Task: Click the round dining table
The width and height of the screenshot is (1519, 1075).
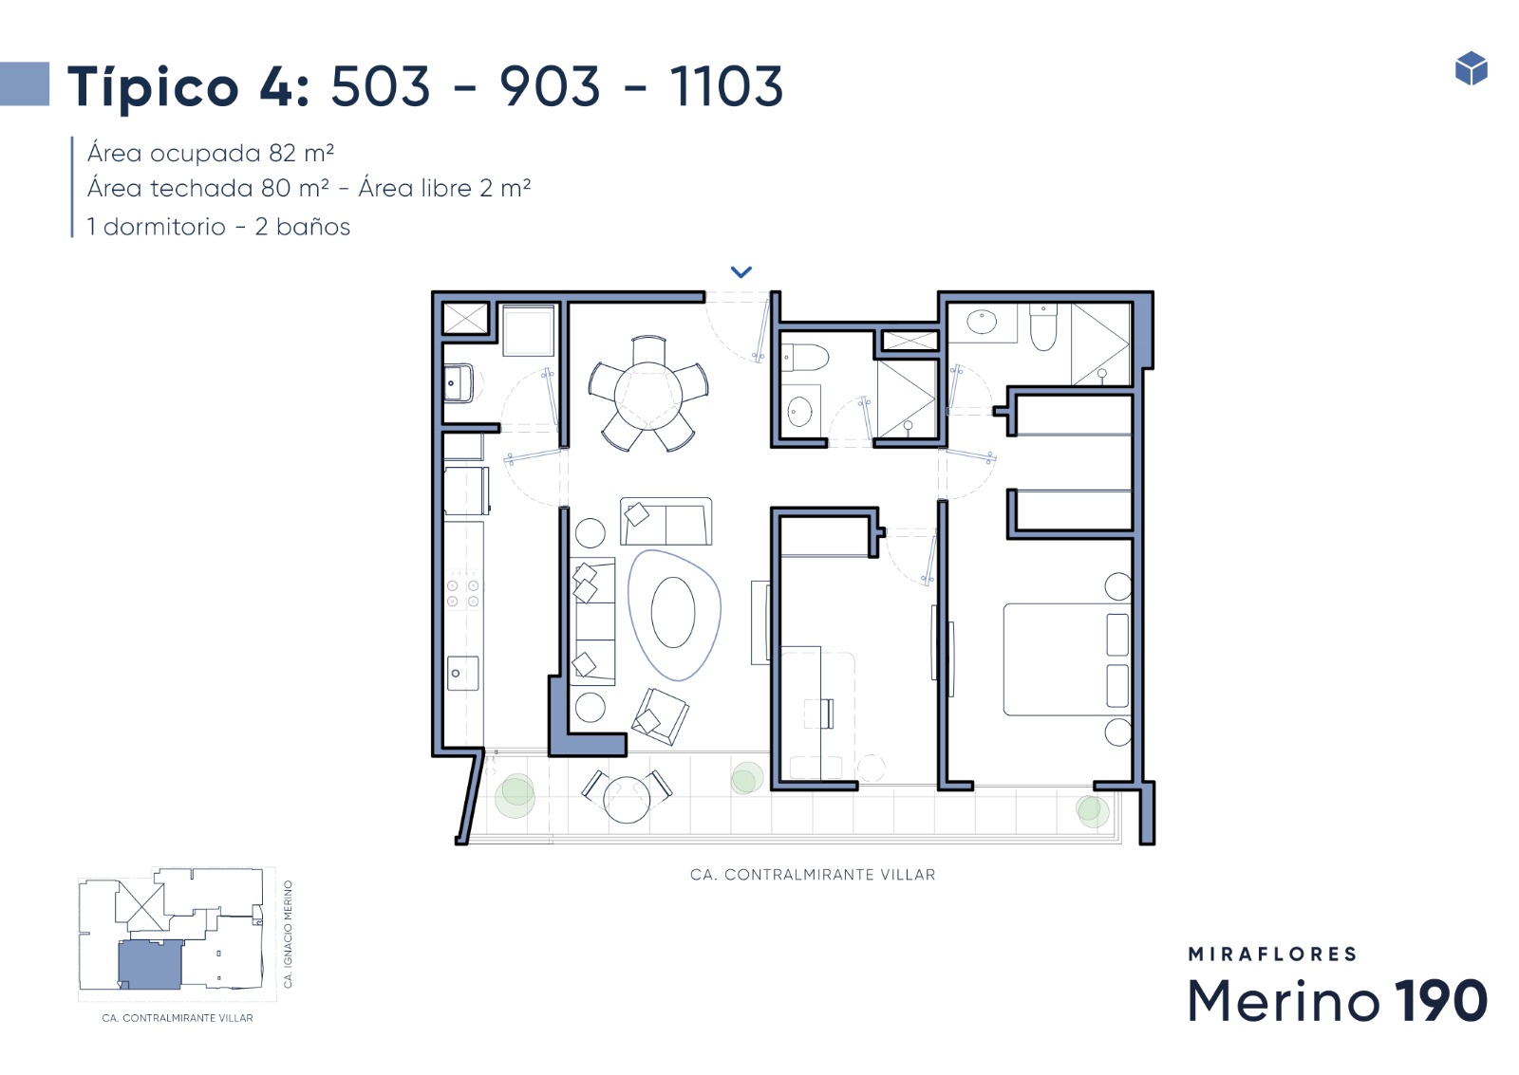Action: click(x=647, y=395)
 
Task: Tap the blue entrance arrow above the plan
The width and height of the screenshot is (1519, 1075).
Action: click(x=741, y=271)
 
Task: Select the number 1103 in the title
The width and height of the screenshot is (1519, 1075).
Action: click(x=726, y=86)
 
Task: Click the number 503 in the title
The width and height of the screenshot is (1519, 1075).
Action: click(x=381, y=86)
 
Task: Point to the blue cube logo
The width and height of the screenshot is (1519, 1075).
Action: click(x=1471, y=68)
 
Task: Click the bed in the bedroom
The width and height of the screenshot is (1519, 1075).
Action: click(x=1067, y=659)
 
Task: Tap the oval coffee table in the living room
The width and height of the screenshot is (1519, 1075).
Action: click(x=673, y=613)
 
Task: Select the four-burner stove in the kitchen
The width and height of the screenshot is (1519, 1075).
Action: click(x=463, y=593)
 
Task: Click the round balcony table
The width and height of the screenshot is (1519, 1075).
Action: click(x=627, y=799)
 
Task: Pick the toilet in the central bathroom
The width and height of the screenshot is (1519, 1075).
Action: click(x=805, y=357)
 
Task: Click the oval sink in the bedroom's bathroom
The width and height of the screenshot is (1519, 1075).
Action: click(x=982, y=322)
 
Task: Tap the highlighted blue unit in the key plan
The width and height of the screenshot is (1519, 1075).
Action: click(x=151, y=965)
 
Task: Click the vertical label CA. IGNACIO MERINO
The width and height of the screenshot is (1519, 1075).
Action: click(x=288, y=934)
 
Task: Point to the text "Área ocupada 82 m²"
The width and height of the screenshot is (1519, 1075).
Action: click(x=210, y=153)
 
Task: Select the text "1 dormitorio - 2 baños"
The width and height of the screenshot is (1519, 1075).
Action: click(x=218, y=227)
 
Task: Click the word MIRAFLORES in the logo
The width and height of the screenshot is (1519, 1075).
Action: click(x=1272, y=955)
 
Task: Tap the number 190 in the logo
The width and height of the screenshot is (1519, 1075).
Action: click(x=1441, y=1000)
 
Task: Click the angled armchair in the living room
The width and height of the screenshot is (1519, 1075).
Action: click(x=660, y=716)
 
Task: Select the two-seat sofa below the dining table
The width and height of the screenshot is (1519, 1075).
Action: click(x=666, y=521)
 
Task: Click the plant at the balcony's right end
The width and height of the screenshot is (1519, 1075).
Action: click(x=1092, y=810)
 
